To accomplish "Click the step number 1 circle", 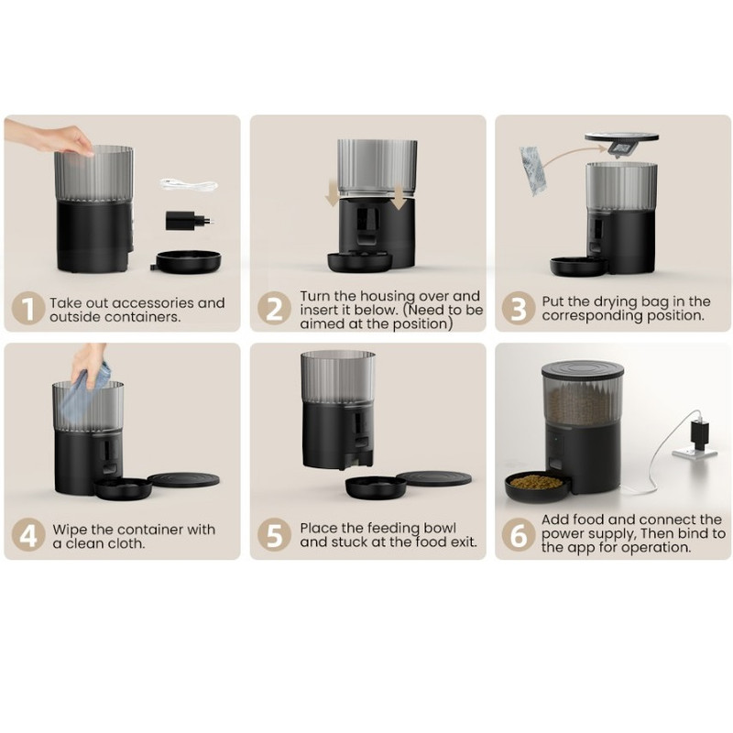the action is (28, 309).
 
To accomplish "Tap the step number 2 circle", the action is (274, 309).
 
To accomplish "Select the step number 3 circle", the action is (519, 309).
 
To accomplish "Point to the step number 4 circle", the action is (28, 535).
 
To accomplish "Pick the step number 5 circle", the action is (274, 535).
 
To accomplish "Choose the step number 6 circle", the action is (519, 535).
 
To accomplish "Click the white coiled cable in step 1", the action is (189, 184).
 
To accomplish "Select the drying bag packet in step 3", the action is (533, 170).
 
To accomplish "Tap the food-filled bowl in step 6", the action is (537, 487).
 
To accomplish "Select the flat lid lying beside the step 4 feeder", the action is (183, 479).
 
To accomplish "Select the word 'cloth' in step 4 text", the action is (126, 543).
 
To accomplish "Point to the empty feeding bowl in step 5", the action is (376, 487).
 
